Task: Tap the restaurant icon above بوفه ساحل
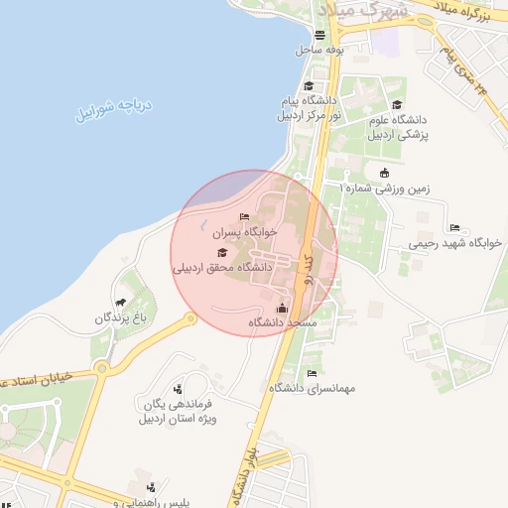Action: (x=319, y=34)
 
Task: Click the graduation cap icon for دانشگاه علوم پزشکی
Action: (x=397, y=105)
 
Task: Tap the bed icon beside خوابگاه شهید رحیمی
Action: (x=454, y=227)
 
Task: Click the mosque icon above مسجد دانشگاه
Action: (x=282, y=308)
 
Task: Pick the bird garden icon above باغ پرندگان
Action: (x=121, y=302)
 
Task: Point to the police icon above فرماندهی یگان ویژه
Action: (x=178, y=388)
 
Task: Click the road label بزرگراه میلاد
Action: (x=466, y=14)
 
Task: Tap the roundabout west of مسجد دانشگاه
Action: (x=190, y=318)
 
